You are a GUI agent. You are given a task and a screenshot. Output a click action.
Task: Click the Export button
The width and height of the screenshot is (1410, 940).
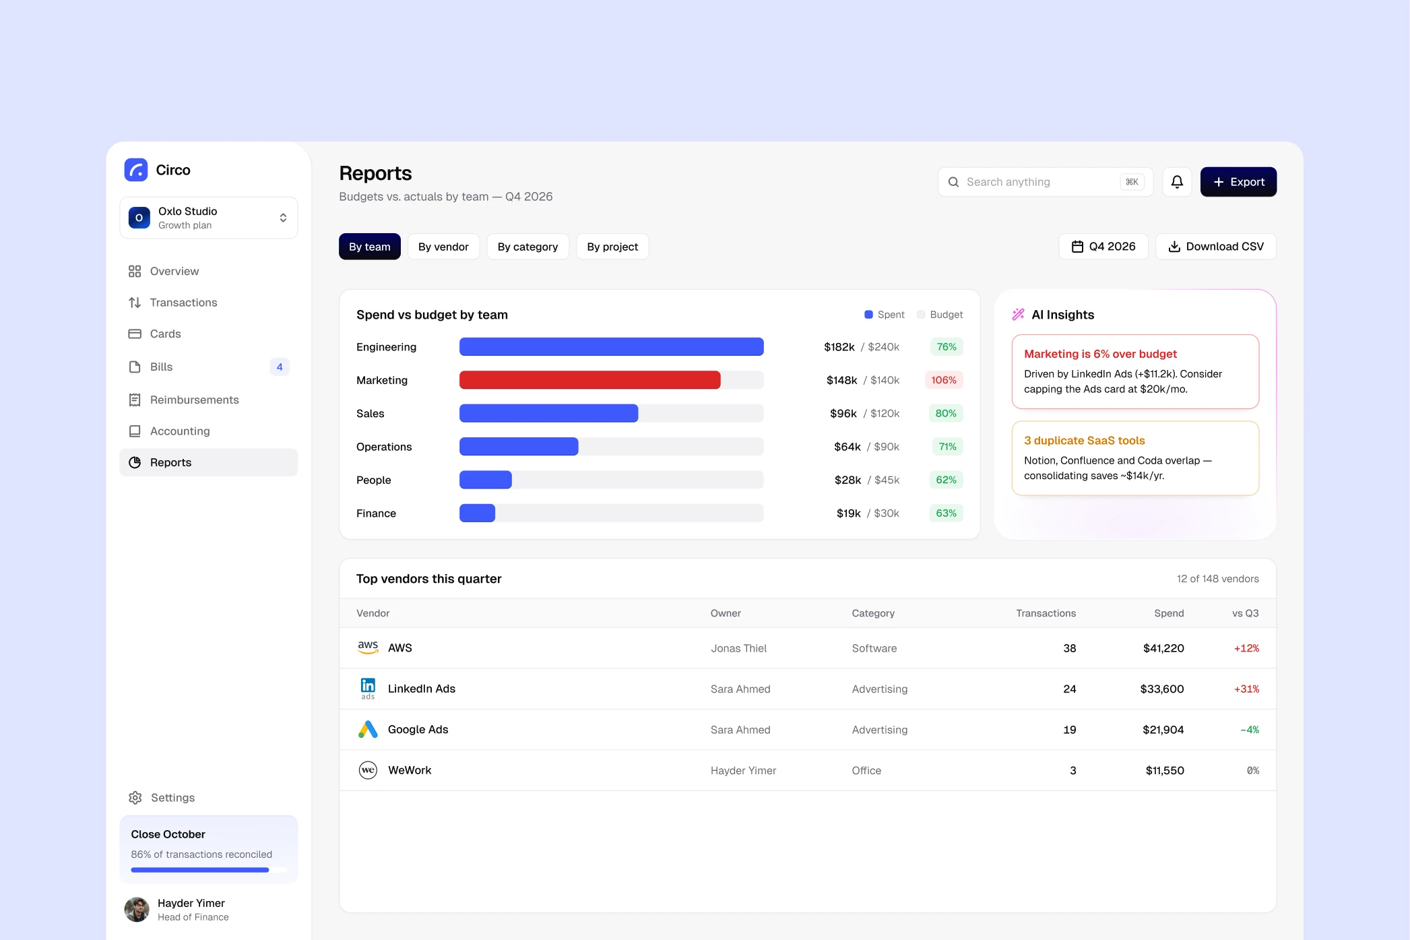[x=1238, y=182]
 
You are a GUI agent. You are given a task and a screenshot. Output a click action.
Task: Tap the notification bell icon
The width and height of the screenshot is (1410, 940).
[x=1177, y=182]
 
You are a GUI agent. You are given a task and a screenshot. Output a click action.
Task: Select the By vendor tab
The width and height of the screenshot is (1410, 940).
[x=443, y=247]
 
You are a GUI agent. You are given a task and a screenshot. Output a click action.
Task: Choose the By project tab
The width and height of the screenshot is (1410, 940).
[x=612, y=247]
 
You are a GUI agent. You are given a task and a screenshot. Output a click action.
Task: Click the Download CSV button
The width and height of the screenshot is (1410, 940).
[x=1216, y=247]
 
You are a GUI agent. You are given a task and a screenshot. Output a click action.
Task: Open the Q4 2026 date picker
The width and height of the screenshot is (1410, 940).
[x=1103, y=247]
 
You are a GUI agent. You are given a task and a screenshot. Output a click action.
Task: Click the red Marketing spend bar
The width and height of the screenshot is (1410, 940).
[x=590, y=380]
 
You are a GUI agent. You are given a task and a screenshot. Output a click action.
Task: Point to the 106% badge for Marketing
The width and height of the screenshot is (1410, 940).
[x=944, y=380]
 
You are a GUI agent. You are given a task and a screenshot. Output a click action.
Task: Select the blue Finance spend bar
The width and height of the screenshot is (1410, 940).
[x=477, y=513]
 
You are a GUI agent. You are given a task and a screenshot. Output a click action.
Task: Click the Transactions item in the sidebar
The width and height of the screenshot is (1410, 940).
[x=183, y=303]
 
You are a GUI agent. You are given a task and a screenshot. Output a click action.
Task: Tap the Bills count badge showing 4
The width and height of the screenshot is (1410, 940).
[x=280, y=367]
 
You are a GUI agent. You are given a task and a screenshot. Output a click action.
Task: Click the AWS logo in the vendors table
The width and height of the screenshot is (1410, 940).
[x=368, y=648]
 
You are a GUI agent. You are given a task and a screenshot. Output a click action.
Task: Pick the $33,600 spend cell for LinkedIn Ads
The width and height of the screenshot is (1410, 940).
[x=1162, y=689]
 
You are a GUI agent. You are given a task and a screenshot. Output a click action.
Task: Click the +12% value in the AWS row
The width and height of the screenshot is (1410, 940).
[x=1246, y=648]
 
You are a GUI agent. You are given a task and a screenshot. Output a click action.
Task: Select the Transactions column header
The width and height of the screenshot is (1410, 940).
[x=1046, y=613]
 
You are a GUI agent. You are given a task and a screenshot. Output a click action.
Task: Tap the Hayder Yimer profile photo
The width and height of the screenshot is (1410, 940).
[x=137, y=910]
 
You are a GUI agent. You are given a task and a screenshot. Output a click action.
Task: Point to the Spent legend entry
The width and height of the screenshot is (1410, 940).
[x=885, y=315]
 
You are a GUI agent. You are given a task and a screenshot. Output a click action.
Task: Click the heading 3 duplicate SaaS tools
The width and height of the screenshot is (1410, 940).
[x=1085, y=441]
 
